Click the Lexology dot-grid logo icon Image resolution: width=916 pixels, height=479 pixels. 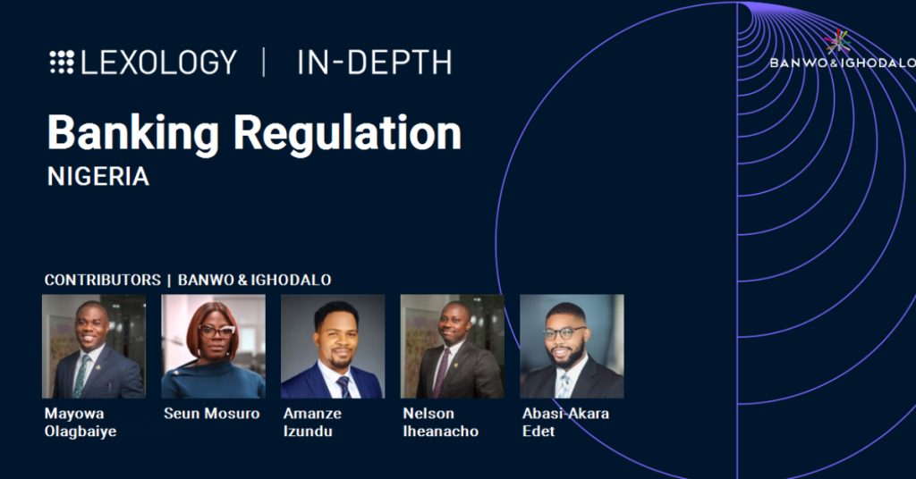pos(62,63)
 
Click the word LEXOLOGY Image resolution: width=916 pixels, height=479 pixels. pos(159,63)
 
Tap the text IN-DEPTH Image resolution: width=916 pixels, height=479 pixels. pos(375,63)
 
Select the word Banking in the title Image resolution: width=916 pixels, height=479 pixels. pos(132,134)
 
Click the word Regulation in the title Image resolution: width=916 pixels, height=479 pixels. pos(348,134)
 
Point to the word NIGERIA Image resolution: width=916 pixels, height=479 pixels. pos(98,177)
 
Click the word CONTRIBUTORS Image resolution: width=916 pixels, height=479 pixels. pos(102,280)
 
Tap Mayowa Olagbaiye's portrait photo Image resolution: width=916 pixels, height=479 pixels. pos(94,347)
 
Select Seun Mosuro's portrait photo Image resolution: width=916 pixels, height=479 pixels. pos(213,347)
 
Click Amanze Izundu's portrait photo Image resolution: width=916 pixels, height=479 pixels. pos(333,347)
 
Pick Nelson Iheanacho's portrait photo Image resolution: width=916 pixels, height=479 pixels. pos(452,347)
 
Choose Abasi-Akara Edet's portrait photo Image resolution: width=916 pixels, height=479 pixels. pos(572,347)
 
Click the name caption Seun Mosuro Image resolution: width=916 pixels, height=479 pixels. pos(211,414)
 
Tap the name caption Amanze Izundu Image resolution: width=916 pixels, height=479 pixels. pos(312,423)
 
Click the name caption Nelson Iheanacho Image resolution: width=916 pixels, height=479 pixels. pos(440,423)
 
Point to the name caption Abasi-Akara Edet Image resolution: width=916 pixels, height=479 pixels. pos(565,423)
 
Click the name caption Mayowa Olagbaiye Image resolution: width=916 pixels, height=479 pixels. pos(81,423)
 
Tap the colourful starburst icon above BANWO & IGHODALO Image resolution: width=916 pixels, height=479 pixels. pos(837,42)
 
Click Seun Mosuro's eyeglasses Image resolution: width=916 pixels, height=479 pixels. pos(216,332)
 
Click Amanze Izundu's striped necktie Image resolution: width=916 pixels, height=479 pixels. pos(343,387)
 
